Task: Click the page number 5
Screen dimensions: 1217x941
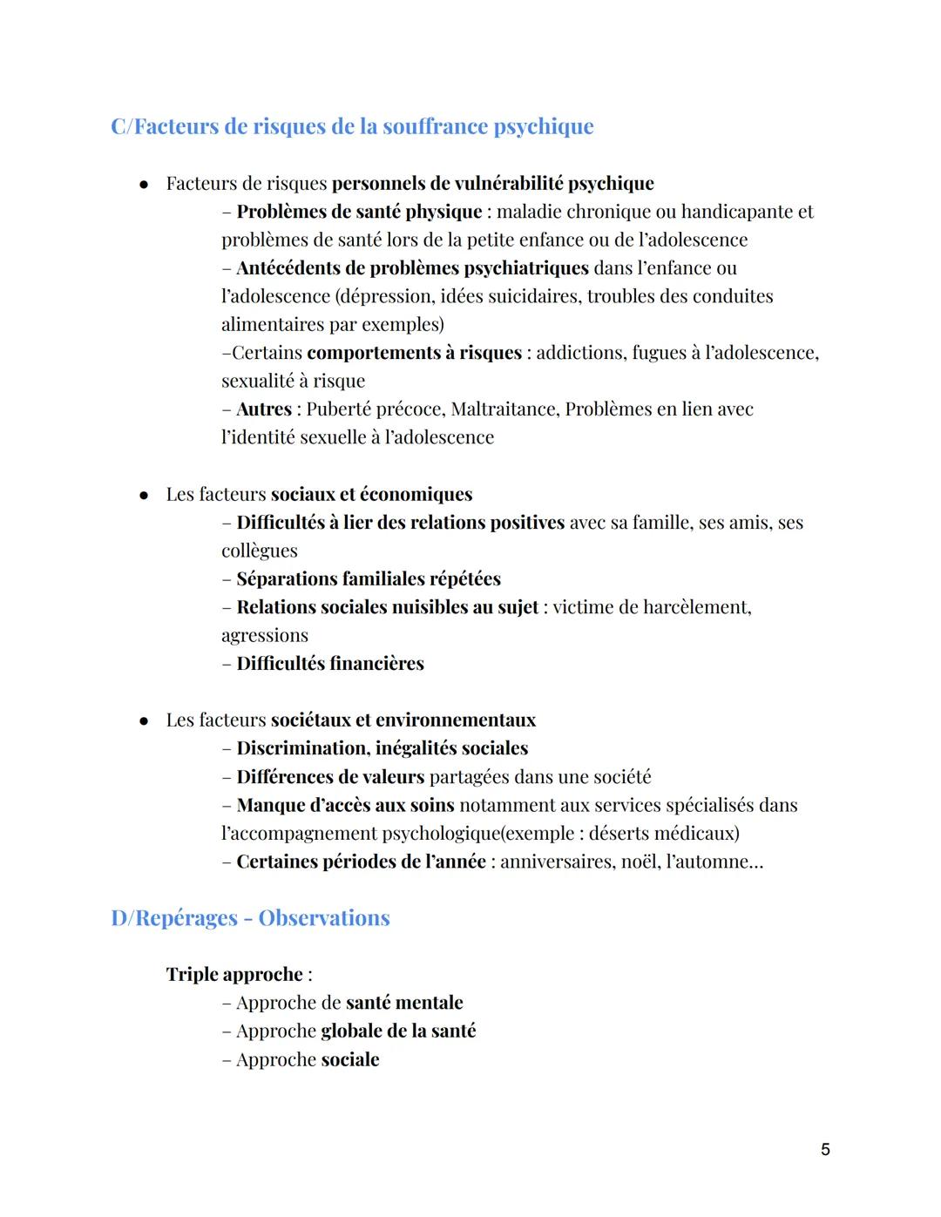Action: point(825,1149)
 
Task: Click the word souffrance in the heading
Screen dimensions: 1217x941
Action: point(436,126)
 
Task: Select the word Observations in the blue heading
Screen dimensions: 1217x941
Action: point(324,918)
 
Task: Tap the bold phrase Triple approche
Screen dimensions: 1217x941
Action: point(234,975)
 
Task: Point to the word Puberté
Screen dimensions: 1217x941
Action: point(342,409)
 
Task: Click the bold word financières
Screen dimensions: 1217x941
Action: point(377,664)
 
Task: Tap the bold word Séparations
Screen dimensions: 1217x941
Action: point(287,579)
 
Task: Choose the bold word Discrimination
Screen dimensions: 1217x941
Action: point(302,748)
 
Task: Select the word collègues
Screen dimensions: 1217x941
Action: point(259,551)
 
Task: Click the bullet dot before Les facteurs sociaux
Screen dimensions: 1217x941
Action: point(144,495)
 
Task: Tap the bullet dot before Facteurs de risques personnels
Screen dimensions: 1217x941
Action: point(144,184)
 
